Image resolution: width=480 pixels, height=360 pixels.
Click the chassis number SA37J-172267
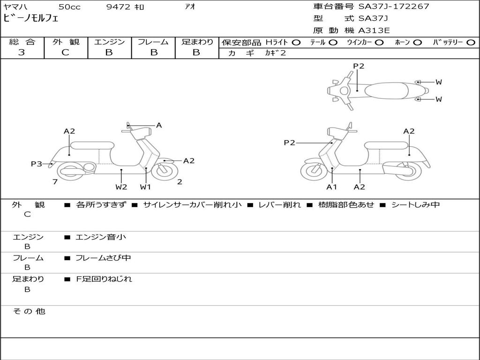[394, 7]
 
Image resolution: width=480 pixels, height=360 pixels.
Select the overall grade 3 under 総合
[22, 52]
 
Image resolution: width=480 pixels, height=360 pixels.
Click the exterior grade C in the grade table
[65, 52]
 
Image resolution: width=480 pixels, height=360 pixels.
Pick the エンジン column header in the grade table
[109, 42]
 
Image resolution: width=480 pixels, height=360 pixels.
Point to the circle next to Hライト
[296, 43]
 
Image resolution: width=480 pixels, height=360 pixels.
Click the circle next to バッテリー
[471, 43]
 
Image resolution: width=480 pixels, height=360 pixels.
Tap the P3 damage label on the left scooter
[37, 164]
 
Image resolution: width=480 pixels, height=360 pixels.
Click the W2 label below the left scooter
[121, 187]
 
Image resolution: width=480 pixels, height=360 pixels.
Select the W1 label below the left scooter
[145, 187]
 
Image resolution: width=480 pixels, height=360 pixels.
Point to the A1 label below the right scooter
[331, 187]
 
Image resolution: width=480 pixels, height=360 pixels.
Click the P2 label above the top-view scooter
[359, 66]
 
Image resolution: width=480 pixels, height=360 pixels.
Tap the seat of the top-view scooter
[386, 90]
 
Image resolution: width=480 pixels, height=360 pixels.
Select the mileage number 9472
[118, 7]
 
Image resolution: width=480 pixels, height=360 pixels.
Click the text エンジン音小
[101, 237]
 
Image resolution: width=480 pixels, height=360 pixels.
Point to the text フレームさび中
[103, 258]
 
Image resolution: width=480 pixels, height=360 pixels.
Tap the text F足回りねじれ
[104, 279]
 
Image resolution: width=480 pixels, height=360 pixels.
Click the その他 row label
[29, 311]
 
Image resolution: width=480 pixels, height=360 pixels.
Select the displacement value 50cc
[69, 7]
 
